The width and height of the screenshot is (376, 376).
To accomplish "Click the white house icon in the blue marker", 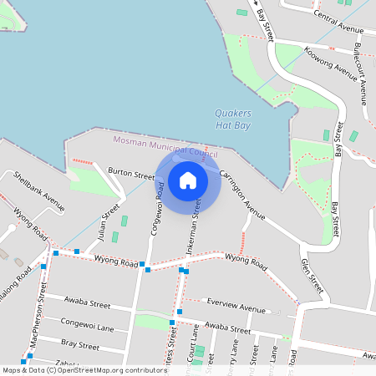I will tap(188, 180).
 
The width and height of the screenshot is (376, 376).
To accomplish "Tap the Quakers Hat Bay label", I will tap(232, 119).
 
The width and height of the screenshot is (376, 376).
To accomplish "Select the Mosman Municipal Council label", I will tap(165, 148).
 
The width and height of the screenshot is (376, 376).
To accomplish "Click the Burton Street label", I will tap(131, 175).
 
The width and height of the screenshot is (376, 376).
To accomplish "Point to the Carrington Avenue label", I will tap(242, 196).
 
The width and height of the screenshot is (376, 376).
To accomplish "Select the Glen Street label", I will tap(312, 275).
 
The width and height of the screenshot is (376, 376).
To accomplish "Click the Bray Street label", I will tap(81, 344).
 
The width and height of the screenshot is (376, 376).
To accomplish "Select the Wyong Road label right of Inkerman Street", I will tap(246, 262).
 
